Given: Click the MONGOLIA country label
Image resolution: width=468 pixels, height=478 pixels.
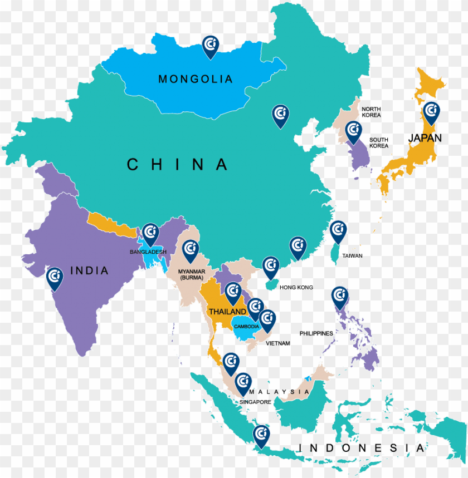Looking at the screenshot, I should click(195, 79).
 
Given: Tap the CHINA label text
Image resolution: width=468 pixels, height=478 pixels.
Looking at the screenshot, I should click(178, 165).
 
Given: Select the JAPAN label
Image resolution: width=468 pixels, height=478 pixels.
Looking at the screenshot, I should click(425, 138).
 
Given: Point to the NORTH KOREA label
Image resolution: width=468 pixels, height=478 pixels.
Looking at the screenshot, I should click(371, 112).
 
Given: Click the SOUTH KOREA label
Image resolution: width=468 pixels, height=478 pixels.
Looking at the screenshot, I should click(378, 142).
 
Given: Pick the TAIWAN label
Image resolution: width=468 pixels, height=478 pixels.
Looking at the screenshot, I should click(352, 256).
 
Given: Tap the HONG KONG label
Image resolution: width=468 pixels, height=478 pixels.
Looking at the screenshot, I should click(296, 288).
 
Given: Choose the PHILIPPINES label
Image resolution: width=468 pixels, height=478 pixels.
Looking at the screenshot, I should click(316, 333).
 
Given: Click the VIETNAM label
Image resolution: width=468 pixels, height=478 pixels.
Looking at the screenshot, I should click(277, 343).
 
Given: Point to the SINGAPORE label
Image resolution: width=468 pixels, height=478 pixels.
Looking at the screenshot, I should click(255, 402).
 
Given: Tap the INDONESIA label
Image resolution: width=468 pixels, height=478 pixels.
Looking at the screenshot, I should click(362, 448).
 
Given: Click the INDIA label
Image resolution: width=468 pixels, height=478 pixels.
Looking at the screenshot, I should click(89, 271).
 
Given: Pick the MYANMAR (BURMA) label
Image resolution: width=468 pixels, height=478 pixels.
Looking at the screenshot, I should click(192, 274).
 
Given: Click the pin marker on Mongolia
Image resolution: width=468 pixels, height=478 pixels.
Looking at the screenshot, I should click(211, 46).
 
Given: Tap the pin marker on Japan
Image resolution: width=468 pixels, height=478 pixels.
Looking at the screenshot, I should click(431, 112).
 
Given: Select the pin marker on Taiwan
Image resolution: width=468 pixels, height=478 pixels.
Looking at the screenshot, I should click(338, 230).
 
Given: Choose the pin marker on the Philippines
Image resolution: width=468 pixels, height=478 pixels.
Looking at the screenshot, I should click(339, 297).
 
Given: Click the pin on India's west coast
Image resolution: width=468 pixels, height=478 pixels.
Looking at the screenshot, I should click(55, 278).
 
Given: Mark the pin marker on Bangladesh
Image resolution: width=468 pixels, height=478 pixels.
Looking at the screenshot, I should click(150, 234).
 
